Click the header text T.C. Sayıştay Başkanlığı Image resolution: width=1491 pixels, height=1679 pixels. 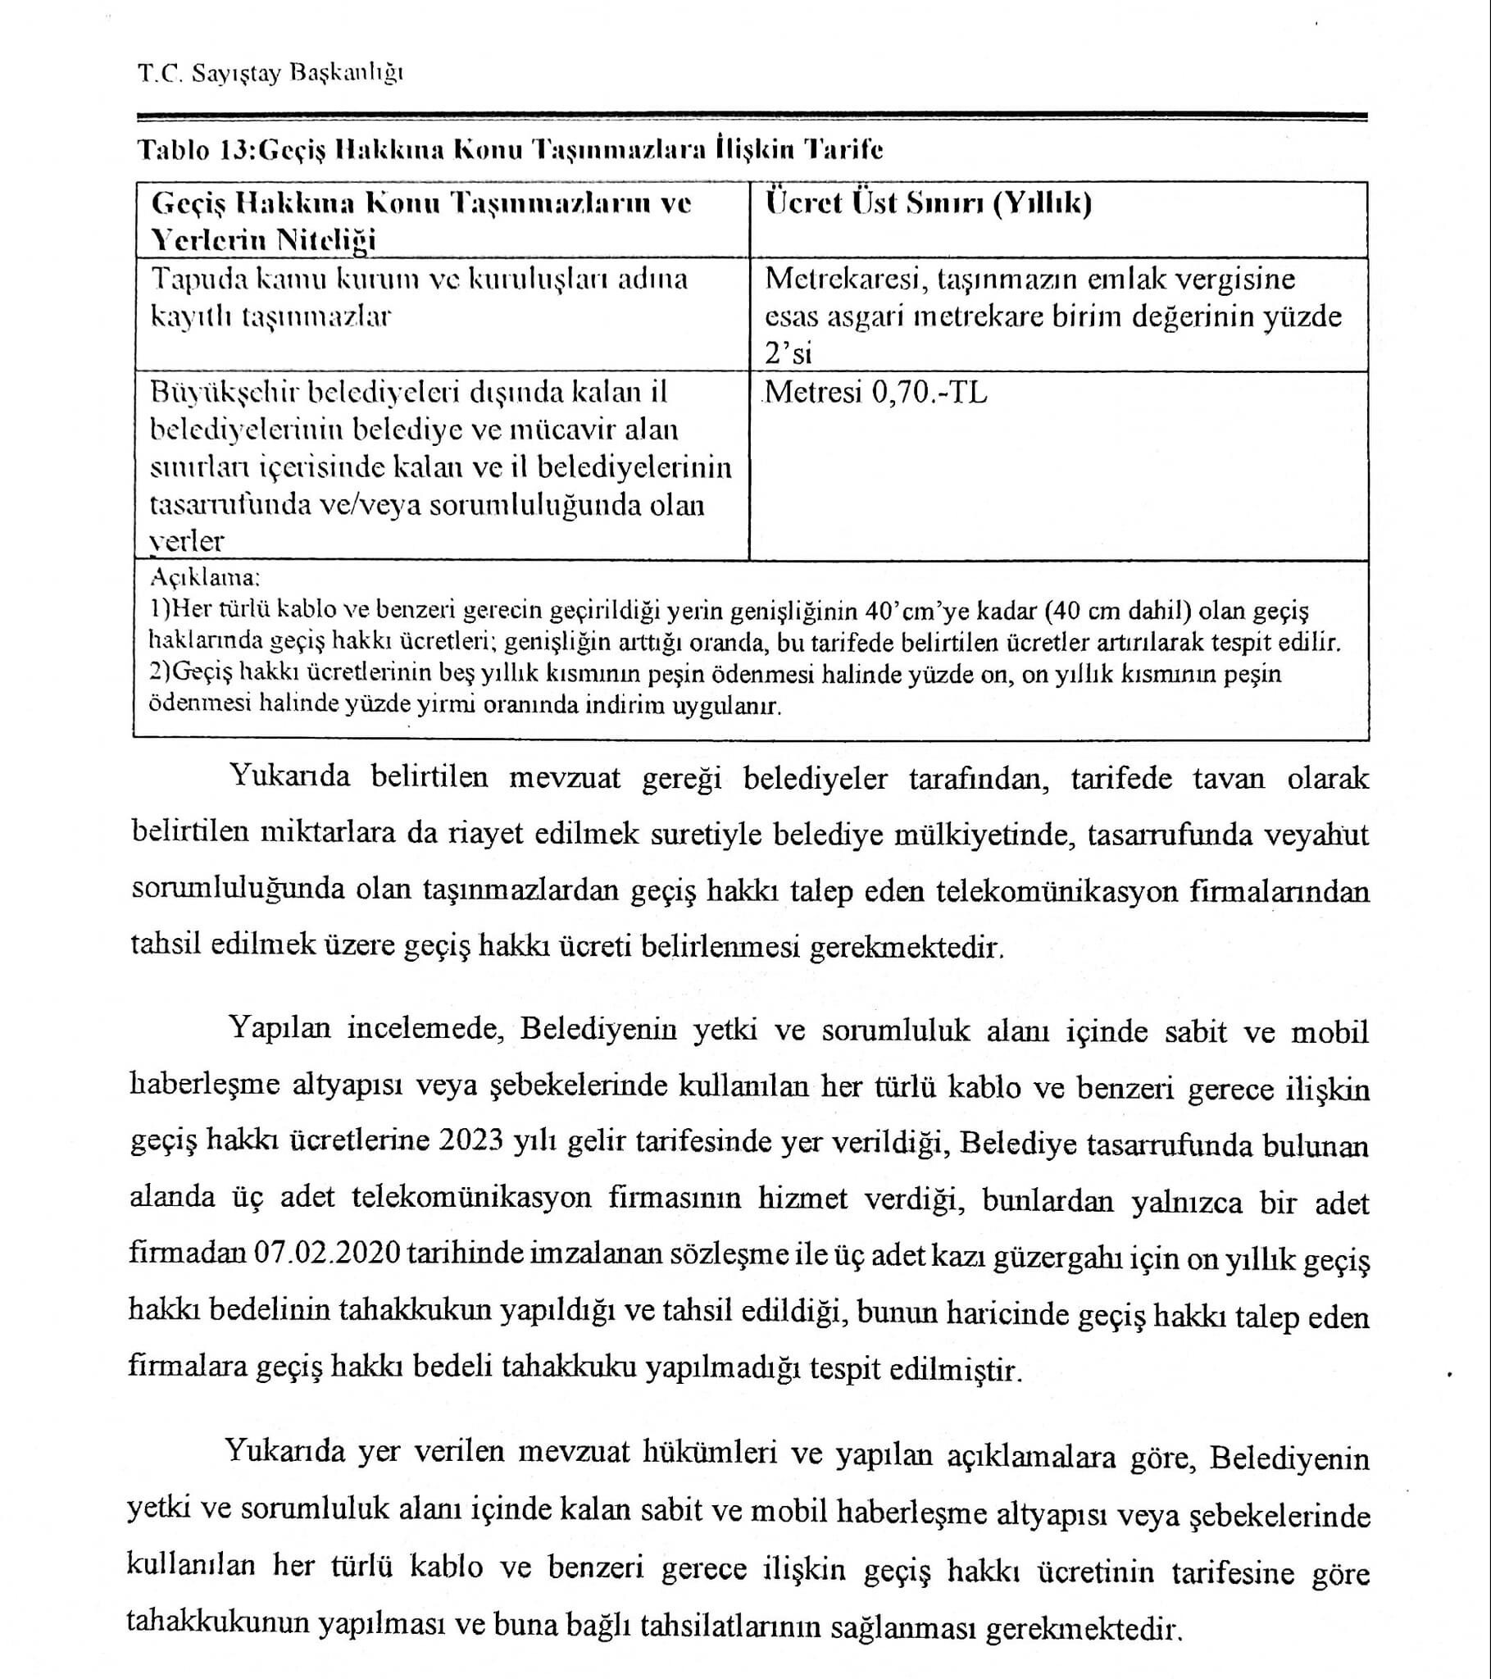coord(270,74)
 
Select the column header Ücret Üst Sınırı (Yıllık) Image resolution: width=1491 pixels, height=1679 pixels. coord(927,202)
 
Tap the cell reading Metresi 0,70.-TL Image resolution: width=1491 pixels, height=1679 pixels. coord(875,393)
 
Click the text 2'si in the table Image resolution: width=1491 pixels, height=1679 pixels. coord(788,354)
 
